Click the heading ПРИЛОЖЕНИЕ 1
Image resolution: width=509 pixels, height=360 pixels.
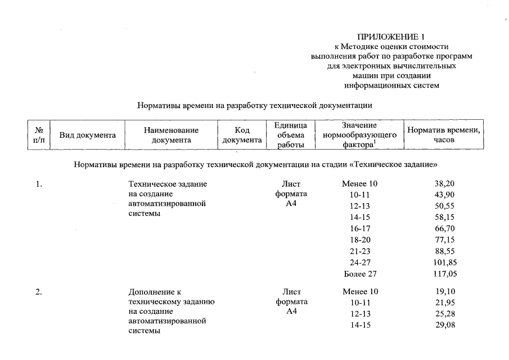point(391,37)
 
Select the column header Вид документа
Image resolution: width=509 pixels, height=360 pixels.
point(88,135)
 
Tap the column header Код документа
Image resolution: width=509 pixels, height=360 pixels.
point(242,135)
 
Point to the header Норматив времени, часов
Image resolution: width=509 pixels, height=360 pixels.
point(444,135)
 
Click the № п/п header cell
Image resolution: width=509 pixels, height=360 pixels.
point(39,135)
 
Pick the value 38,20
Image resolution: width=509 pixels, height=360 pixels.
point(444,184)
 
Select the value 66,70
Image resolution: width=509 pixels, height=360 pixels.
point(444,228)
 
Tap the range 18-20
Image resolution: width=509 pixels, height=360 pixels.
point(360,240)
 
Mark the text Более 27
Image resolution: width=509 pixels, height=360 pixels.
point(360,274)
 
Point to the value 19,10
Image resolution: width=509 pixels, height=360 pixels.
point(444,292)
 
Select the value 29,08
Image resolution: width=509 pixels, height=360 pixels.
point(444,326)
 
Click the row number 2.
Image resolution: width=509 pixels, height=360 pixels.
point(39,292)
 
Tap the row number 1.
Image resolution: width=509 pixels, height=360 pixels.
point(39,184)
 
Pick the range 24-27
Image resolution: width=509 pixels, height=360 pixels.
point(360,262)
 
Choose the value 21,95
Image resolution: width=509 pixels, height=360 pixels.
point(444,303)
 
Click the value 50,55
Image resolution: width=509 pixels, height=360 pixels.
point(444,206)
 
